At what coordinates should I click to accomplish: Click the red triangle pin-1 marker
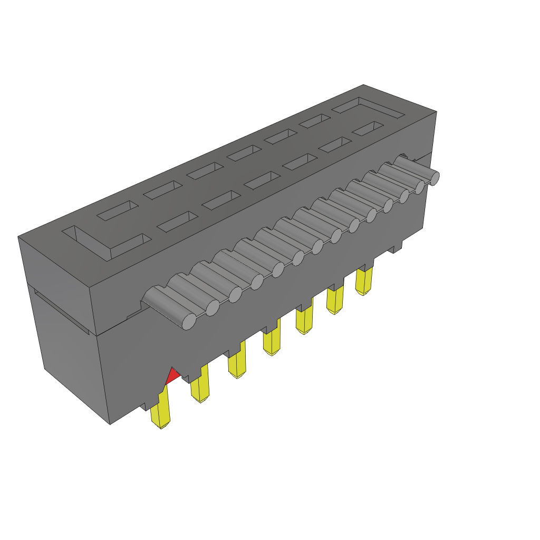172,377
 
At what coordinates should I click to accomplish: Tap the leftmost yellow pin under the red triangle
161,411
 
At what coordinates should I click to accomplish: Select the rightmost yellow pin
363,282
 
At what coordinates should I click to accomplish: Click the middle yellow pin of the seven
271,342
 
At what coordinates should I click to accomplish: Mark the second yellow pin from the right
334,300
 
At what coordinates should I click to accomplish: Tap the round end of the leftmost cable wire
188,321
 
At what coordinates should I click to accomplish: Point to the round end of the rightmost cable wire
434,178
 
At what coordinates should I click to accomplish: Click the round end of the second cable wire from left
212,307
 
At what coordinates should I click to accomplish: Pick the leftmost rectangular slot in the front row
177,222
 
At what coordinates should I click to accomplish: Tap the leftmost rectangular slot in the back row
117,210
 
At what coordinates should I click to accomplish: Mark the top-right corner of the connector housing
436,112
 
